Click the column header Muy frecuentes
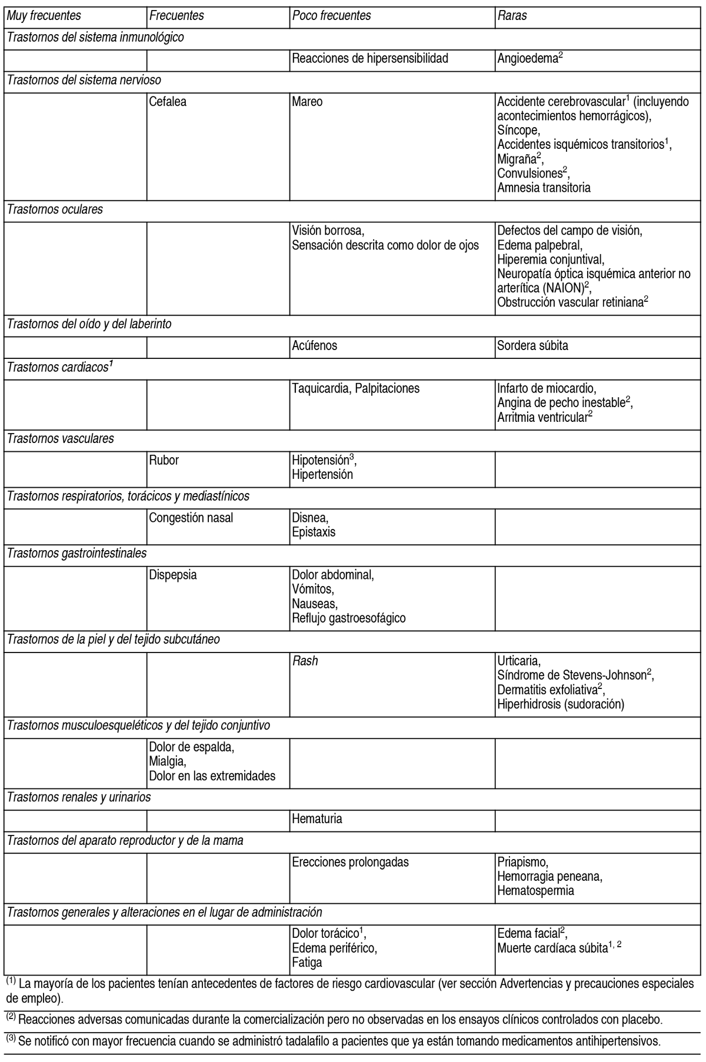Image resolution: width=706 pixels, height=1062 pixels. point(44,16)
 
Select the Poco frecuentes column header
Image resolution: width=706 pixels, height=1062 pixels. point(331,16)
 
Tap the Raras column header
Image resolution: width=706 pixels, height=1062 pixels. point(512,16)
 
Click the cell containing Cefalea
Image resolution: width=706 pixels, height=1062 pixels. point(168,102)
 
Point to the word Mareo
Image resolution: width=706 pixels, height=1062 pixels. point(307,102)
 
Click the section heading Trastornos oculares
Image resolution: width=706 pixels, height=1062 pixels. point(55,209)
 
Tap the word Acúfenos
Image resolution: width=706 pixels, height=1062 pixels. point(314,345)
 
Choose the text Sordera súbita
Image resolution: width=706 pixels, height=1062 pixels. point(532,345)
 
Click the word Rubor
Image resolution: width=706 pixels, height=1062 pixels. point(164,460)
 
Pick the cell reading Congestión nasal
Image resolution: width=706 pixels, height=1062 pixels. point(191,518)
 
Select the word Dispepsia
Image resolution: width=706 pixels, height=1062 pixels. point(173,575)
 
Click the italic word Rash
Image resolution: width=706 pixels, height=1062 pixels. point(305,661)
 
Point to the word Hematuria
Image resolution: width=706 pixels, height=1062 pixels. point(317,818)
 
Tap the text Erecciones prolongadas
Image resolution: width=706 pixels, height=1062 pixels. point(350,862)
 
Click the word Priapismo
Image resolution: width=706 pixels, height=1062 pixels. point(522,862)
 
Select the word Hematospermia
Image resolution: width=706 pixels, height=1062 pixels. point(535,891)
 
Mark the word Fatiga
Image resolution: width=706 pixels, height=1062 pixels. point(307,963)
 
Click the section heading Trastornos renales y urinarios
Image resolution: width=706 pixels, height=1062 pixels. point(79,797)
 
